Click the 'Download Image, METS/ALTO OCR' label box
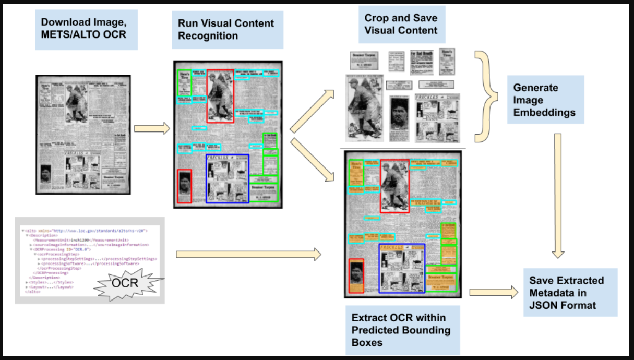(x=86, y=29)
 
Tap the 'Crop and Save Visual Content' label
(x=401, y=24)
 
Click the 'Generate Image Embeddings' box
(x=545, y=100)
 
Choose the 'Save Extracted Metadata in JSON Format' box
(x=570, y=292)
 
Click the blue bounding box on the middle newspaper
(x=228, y=178)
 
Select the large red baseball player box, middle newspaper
(x=220, y=96)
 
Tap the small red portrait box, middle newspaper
(x=184, y=186)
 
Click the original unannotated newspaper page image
(x=83, y=135)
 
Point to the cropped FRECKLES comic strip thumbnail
(x=437, y=118)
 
